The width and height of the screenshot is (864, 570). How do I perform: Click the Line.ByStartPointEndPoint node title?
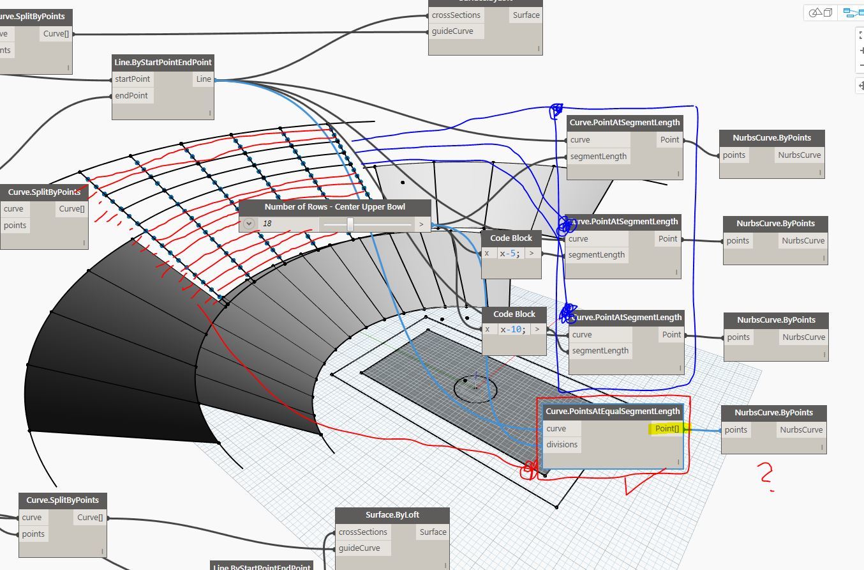tap(163, 62)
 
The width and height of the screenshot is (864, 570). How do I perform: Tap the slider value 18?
tap(267, 224)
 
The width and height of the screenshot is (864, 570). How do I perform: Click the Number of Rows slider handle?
tap(350, 224)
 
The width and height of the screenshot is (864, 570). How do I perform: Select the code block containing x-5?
tap(510, 254)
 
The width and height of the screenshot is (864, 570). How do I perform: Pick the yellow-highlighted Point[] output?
tap(667, 429)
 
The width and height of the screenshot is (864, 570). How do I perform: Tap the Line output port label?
tap(204, 79)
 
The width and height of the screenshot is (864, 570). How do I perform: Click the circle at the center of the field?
tap(475, 387)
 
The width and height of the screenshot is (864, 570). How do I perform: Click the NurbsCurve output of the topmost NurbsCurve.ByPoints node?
tap(794, 155)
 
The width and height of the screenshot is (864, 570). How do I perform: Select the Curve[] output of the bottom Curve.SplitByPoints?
tap(90, 518)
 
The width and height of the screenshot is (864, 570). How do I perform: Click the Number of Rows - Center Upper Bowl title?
tap(334, 207)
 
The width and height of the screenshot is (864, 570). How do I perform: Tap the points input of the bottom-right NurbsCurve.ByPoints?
tap(736, 430)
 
